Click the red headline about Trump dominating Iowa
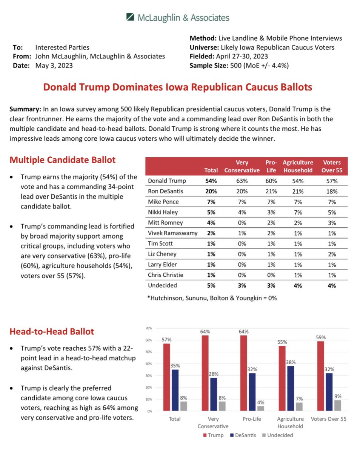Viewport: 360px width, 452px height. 178,87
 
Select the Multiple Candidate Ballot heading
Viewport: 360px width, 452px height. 63,160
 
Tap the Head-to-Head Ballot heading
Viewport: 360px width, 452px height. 52,332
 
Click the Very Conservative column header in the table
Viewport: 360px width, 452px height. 242,166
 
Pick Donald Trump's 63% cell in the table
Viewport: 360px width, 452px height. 242,181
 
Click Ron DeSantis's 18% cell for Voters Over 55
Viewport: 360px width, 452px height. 332,191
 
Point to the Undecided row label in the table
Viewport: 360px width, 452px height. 162,285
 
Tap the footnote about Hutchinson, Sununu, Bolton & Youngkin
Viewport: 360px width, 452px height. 212,298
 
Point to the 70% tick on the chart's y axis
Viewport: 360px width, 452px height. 149,328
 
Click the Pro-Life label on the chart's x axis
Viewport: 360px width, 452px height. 252,419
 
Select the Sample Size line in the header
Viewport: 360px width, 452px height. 239,65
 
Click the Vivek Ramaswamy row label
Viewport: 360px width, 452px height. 172,233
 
